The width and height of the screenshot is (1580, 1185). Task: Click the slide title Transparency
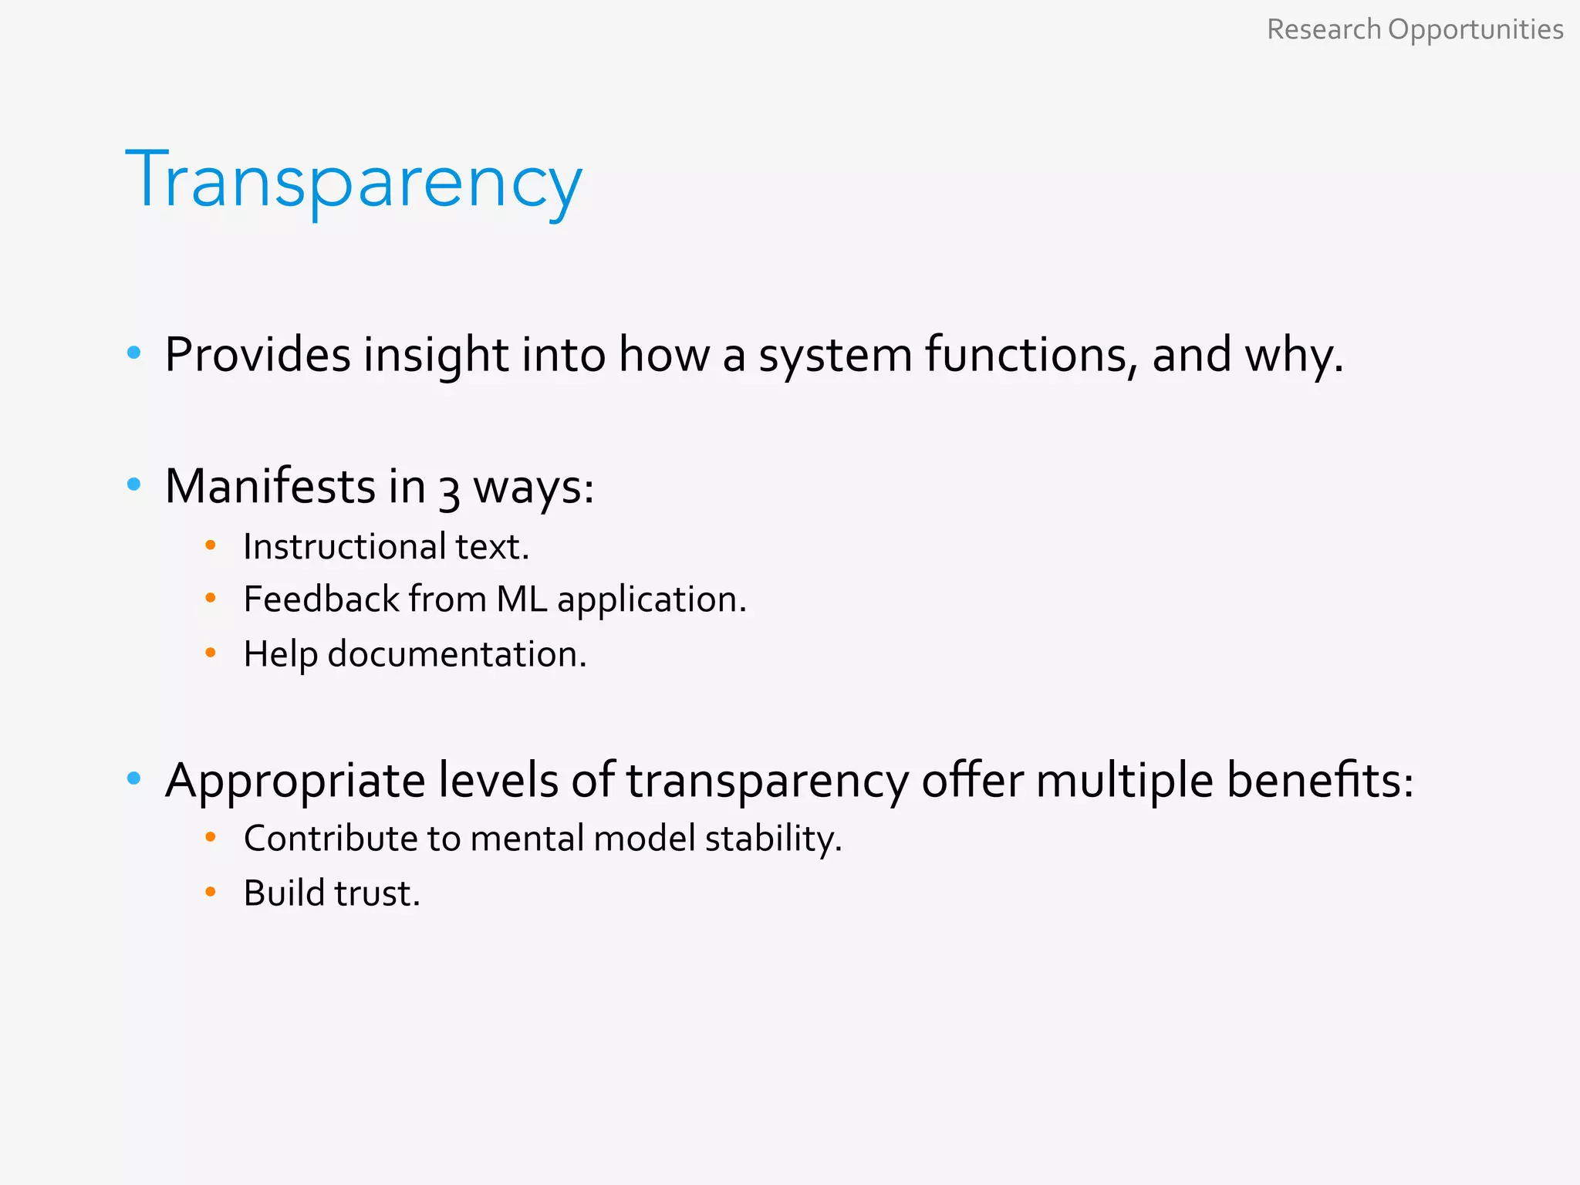click(x=353, y=181)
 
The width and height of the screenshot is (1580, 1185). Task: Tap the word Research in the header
click(x=1324, y=29)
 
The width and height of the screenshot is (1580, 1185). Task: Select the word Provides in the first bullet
click(x=258, y=356)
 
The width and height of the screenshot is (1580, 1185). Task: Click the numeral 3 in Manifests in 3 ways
click(x=449, y=491)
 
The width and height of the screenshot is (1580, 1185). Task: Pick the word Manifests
click(x=270, y=487)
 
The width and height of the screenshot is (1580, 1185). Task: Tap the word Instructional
click(x=344, y=546)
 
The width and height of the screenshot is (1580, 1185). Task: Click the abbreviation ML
click(x=522, y=599)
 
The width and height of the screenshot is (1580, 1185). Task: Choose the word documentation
click(x=457, y=654)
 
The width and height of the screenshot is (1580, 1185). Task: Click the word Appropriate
click(x=295, y=781)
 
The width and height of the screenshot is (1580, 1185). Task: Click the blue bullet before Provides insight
click(x=134, y=353)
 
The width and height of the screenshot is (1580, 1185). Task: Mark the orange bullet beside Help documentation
click(x=211, y=653)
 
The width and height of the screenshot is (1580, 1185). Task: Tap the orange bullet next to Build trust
click(x=211, y=892)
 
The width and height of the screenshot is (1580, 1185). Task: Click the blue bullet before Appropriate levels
click(x=134, y=778)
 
